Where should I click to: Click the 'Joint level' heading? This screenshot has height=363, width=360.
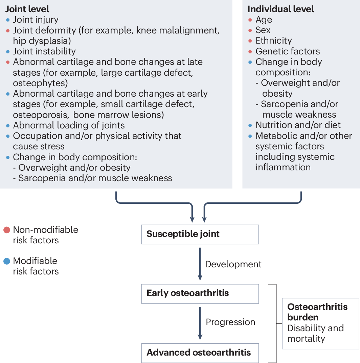[x=27, y=9]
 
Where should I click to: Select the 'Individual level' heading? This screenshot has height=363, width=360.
[x=281, y=9]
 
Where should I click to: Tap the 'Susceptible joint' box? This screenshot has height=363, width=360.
[x=200, y=234]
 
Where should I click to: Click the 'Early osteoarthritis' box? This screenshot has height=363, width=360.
[x=200, y=293]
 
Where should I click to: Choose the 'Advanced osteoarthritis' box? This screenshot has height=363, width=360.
[x=200, y=353]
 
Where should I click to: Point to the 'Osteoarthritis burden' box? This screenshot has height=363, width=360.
[x=320, y=323]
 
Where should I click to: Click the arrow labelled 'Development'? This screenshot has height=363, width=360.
[x=200, y=264]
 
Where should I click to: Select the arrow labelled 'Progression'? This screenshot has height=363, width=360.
[x=200, y=323]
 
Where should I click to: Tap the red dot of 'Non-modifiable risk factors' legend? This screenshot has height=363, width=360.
[x=6, y=231]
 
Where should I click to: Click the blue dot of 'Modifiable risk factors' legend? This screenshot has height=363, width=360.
[x=6, y=261]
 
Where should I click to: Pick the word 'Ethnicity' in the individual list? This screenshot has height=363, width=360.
[x=273, y=41]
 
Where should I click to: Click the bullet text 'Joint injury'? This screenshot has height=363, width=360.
[x=36, y=20]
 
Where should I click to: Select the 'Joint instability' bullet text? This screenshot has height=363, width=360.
[x=44, y=51]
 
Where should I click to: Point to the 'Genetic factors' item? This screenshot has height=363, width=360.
[x=288, y=51]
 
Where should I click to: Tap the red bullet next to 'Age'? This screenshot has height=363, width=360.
[x=250, y=20]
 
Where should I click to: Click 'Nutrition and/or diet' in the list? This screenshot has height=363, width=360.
[x=298, y=125]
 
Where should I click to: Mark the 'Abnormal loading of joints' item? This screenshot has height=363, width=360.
[x=69, y=125]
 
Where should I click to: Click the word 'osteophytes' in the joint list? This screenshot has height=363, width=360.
[x=40, y=83]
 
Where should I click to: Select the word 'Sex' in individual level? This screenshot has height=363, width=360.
[x=263, y=30]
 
